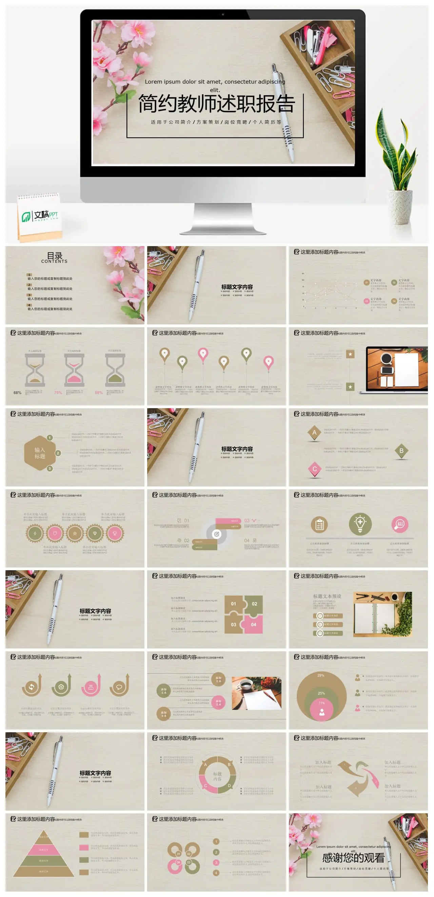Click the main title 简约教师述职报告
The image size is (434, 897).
(x=217, y=104)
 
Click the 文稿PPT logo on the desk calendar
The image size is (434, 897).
(x=40, y=216)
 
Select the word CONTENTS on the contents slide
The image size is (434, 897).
(x=54, y=261)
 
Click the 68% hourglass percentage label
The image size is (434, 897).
(x=17, y=393)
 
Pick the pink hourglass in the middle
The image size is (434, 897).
(x=74, y=370)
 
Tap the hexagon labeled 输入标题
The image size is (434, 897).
(x=40, y=453)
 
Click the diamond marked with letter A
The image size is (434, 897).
(x=315, y=433)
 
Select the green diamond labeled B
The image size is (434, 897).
(x=401, y=451)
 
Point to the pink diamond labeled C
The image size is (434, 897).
(x=315, y=469)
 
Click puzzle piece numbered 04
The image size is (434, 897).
(x=254, y=624)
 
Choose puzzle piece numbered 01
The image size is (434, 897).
(x=233, y=603)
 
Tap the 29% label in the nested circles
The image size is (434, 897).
(x=321, y=675)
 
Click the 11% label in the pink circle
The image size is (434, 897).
(x=321, y=703)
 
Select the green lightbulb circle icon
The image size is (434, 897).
(x=360, y=524)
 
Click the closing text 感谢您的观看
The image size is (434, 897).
(x=353, y=857)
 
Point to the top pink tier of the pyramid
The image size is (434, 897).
(x=43, y=849)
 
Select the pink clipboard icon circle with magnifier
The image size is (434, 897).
(x=399, y=524)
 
